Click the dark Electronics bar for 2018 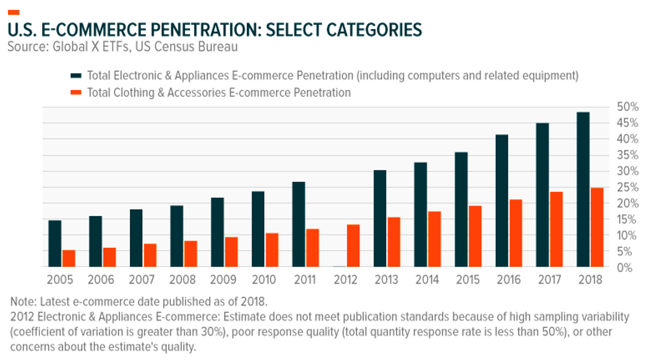tap(583, 189)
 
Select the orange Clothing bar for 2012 tap(353, 246)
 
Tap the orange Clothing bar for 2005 tap(69, 258)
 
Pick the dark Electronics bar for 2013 tap(380, 219)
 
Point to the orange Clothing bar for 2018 tap(597, 227)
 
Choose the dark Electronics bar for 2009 tap(217, 232)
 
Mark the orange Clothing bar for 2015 tap(475, 236)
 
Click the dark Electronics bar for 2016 tap(502, 201)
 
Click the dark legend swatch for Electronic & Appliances tap(76, 76)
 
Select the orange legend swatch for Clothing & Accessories tap(76, 93)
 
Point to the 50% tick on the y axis tap(627, 107)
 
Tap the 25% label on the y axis tap(627, 187)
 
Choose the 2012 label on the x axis tap(345, 280)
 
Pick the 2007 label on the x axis tap(141, 280)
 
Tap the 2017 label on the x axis tap(549, 280)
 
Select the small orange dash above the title tap(13, 13)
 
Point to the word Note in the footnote tap(23, 302)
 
